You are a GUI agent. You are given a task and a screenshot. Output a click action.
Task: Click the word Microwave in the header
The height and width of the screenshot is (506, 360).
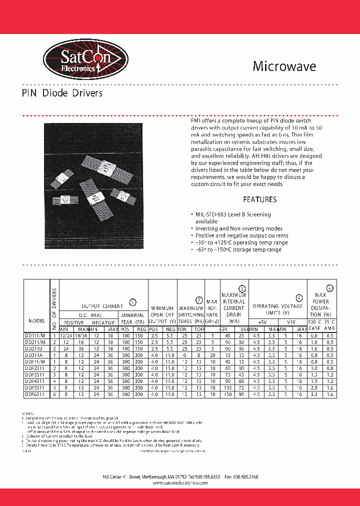point(284,66)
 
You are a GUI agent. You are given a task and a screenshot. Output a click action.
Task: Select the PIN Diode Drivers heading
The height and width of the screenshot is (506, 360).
point(62,93)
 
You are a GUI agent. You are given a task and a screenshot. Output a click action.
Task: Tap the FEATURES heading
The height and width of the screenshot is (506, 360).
point(259,199)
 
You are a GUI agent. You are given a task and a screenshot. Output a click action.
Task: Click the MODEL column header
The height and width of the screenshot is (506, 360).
point(37,320)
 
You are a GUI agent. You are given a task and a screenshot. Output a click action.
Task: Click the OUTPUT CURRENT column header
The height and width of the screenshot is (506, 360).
point(102,306)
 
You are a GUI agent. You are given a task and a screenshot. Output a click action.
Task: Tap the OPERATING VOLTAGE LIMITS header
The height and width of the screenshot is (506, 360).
point(277,309)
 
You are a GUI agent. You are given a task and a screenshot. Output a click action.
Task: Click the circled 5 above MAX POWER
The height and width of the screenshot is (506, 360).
point(329,287)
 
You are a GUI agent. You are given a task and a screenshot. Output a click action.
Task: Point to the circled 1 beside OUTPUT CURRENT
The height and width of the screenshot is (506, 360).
point(132,302)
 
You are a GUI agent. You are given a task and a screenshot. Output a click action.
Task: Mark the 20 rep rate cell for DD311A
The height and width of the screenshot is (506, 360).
point(212,354)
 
